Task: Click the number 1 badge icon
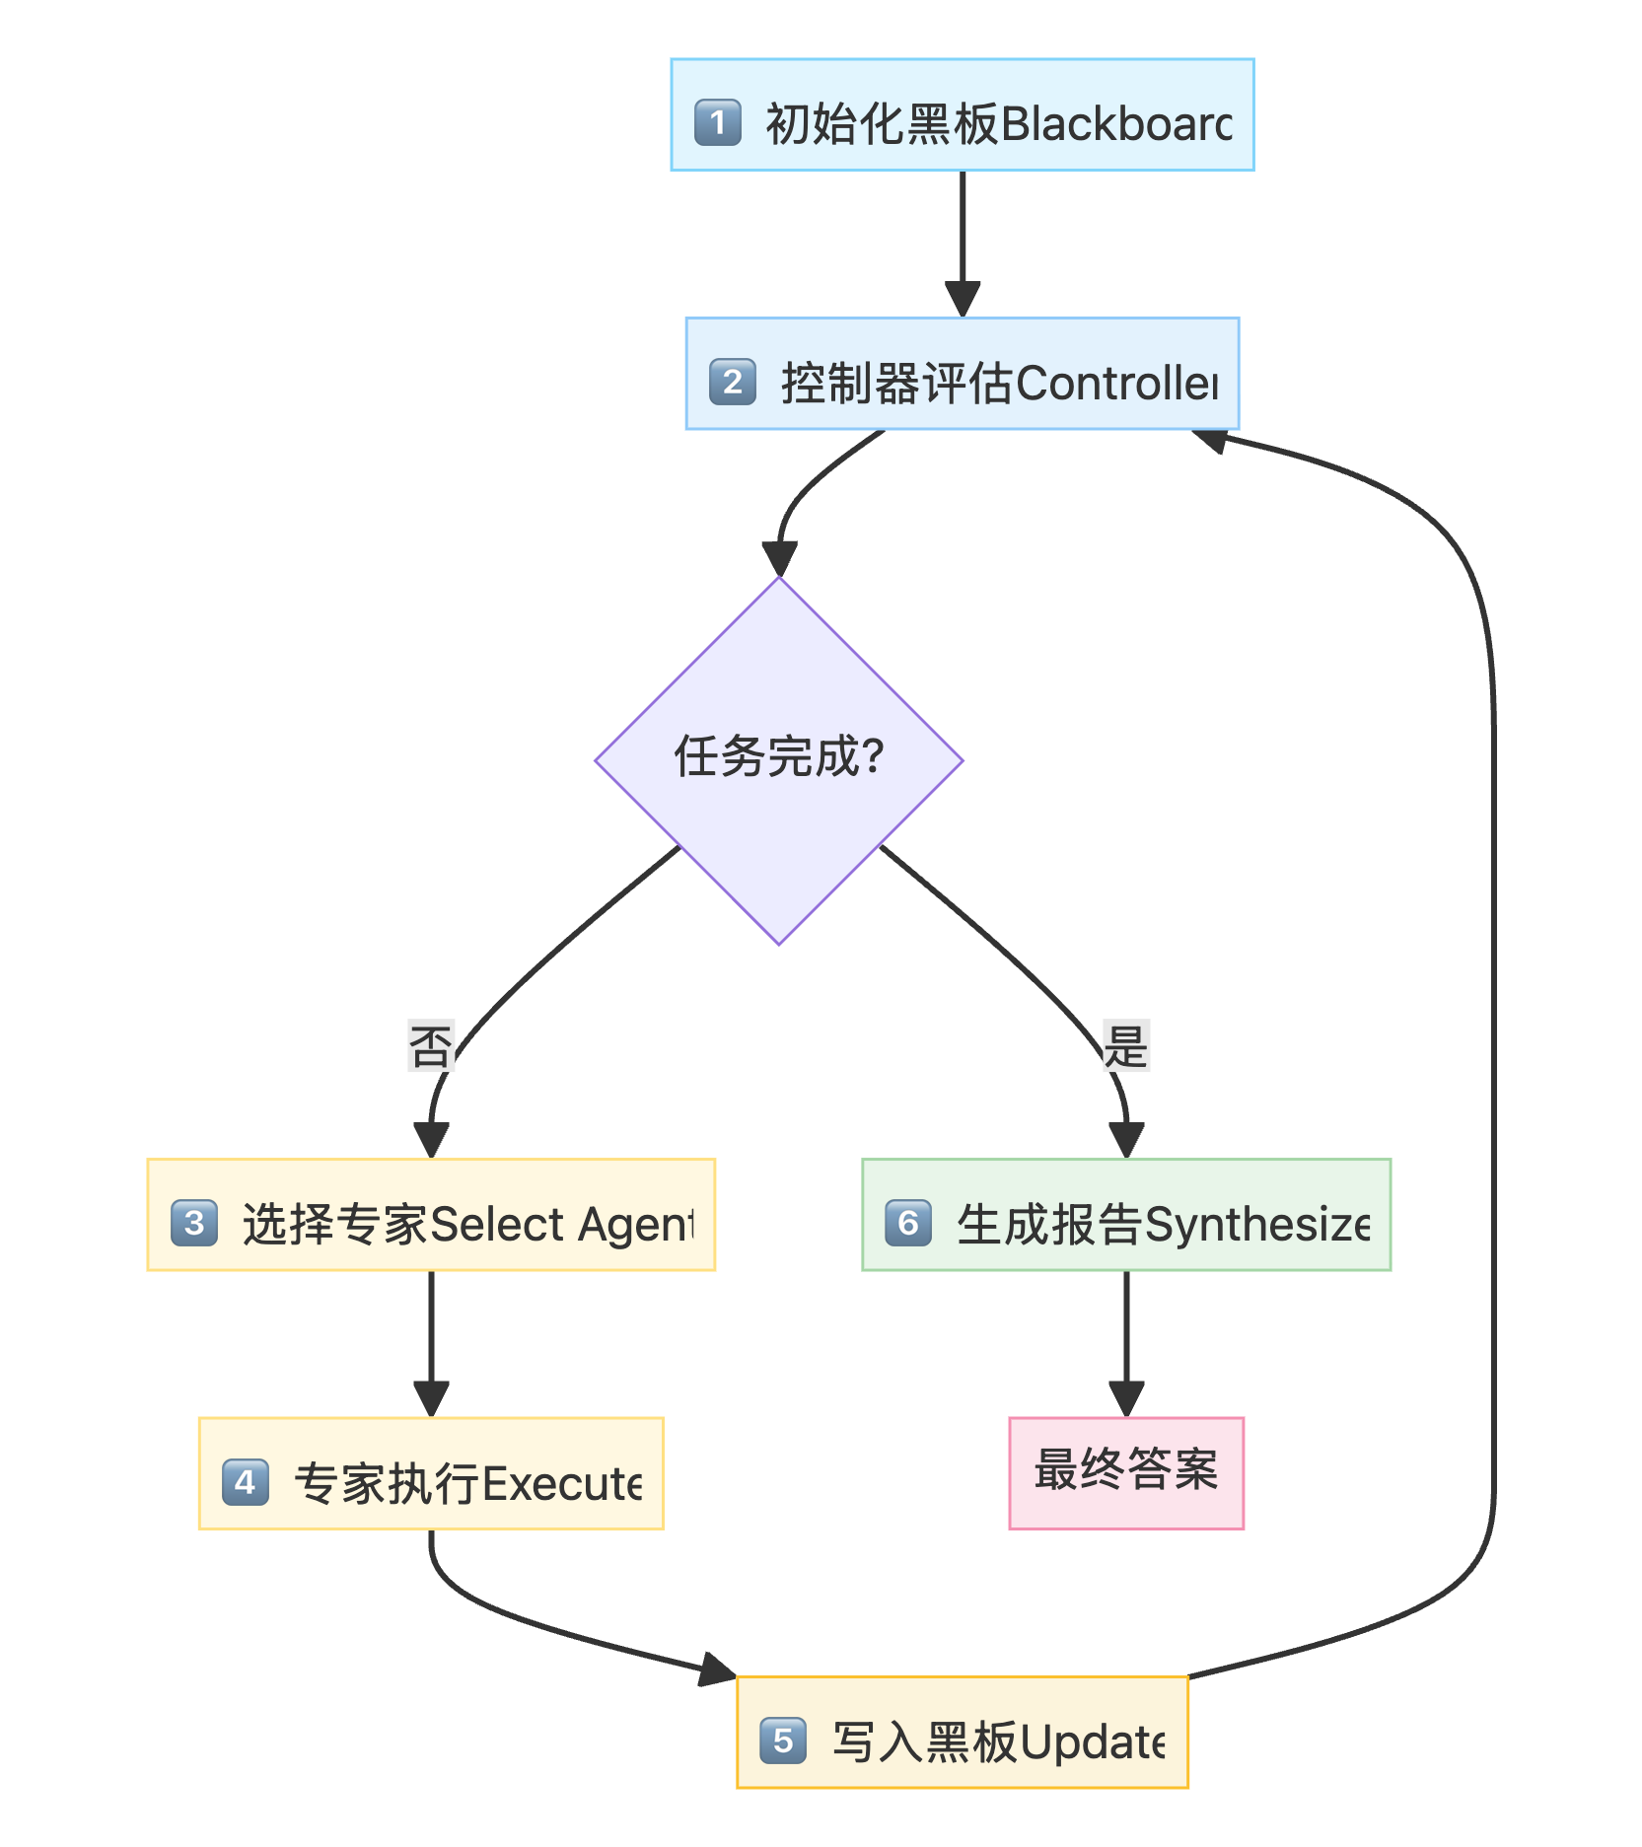[717, 122]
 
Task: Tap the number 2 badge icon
[732, 382]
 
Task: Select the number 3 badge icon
[193, 1223]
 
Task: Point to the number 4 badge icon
[245, 1481]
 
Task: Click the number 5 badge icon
[783, 1740]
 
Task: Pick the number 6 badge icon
[907, 1223]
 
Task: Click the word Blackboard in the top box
[1115, 124]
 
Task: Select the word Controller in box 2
[1116, 384]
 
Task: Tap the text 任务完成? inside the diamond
[778, 757]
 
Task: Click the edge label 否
[431, 1046]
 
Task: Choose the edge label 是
[1125, 1046]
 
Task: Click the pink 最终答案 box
[1125, 1472]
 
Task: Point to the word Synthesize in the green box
[1256, 1225]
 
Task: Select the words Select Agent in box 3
[562, 1225]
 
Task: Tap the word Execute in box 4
[562, 1484]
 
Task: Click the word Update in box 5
[1092, 1742]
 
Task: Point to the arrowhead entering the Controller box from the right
[1210, 439]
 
